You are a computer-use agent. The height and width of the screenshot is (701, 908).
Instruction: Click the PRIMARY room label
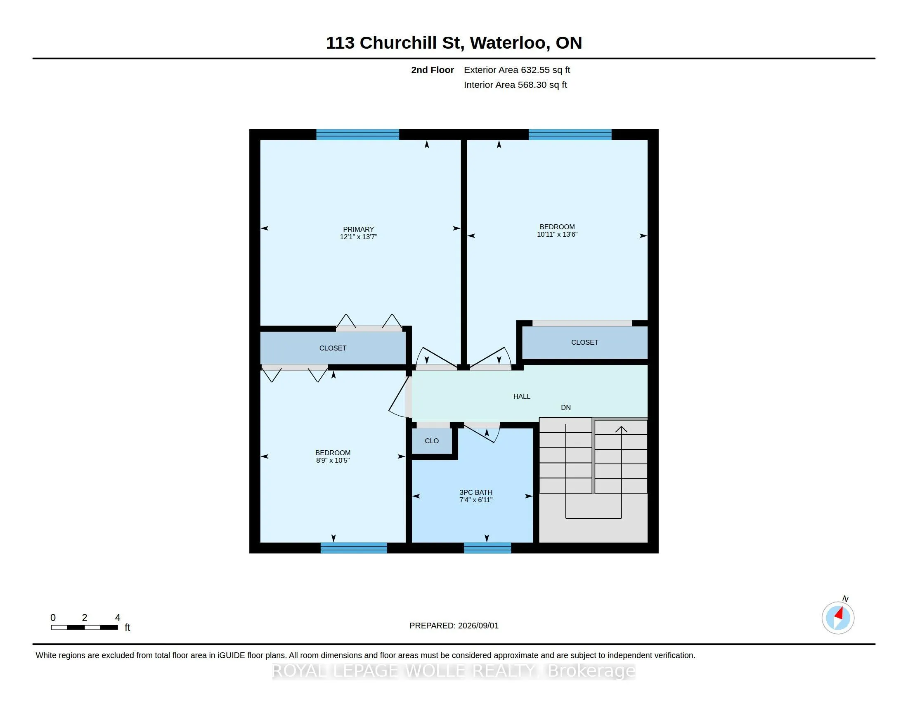pyautogui.click(x=358, y=229)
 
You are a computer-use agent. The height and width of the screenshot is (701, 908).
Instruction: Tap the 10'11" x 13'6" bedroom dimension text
pyautogui.click(x=557, y=234)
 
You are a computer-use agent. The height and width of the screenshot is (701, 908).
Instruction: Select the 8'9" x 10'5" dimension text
pyautogui.click(x=333, y=461)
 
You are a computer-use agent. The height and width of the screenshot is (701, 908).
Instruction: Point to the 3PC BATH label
pyautogui.click(x=475, y=492)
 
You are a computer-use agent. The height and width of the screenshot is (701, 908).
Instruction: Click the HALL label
pyautogui.click(x=522, y=397)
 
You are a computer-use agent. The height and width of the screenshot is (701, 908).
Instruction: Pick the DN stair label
pyautogui.click(x=566, y=408)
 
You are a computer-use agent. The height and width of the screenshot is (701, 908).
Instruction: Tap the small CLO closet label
pyautogui.click(x=432, y=441)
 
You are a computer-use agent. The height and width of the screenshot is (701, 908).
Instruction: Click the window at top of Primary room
pyautogui.click(x=357, y=134)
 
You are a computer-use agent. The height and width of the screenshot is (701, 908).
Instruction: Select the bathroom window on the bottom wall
pyautogui.click(x=487, y=548)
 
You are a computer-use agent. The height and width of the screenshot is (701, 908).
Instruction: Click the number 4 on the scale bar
pyautogui.click(x=118, y=618)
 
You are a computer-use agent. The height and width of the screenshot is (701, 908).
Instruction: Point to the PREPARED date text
pyautogui.click(x=454, y=626)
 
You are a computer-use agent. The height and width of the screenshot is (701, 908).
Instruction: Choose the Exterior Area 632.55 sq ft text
pyautogui.click(x=517, y=70)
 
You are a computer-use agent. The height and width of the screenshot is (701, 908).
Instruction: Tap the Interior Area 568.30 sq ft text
pyautogui.click(x=515, y=85)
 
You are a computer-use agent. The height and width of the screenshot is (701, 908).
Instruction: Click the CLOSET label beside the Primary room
pyautogui.click(x=333, y=348)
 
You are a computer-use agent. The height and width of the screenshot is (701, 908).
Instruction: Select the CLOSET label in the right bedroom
pyautogui.click(x=584, y=343)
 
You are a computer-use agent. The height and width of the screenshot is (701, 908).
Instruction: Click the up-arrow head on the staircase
pyautogui.click(x=621, y=429)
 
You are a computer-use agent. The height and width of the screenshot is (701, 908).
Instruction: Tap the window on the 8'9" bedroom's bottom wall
pyautogui.click(x=354, y=548)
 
